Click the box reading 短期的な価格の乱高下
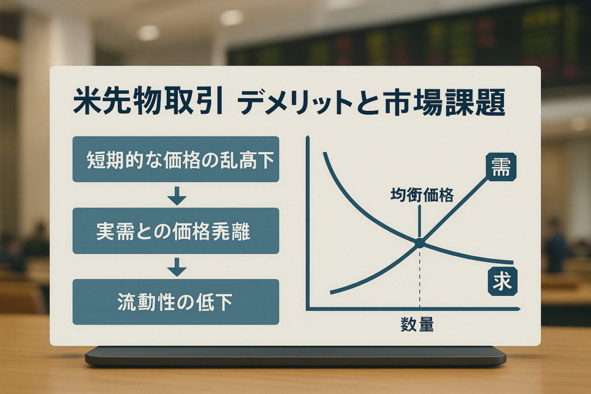coord(175,160)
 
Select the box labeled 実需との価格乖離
coord(175,231)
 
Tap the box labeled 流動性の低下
coord(175,302)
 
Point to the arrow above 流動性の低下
coord(177,267)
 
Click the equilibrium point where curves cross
coord(420,243)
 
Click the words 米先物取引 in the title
coord(147,104)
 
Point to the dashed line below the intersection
coord(420,277)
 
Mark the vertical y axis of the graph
coord(308,225)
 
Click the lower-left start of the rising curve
coord(332,292)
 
